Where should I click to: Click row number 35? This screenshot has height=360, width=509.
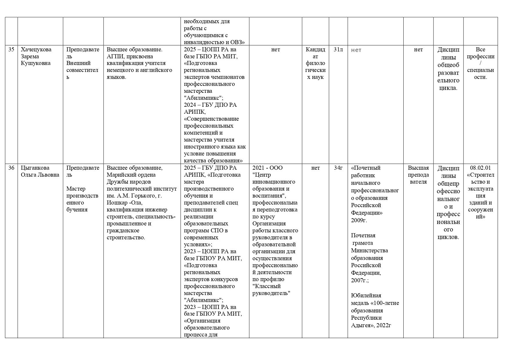(11, 49)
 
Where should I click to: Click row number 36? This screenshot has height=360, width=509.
(11, 168)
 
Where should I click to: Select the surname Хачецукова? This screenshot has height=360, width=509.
(36, 49)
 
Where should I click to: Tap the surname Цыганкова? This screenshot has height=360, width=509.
(35, 168)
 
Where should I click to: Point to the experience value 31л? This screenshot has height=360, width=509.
(338, 49)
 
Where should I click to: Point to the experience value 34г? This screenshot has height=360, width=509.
(338, 168)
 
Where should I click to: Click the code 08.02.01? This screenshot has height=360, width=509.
(480, 168)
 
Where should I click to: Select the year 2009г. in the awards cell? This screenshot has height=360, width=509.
(359, 220)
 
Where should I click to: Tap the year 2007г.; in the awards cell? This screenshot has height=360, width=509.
(360, 280)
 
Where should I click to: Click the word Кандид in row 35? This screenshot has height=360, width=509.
(315, 49)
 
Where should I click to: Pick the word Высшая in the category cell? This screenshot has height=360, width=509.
(418, 168)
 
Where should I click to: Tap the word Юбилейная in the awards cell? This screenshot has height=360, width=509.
(366, 295)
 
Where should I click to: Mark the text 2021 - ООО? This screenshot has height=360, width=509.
(267, 168)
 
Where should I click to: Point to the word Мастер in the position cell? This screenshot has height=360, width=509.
(76, 189)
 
